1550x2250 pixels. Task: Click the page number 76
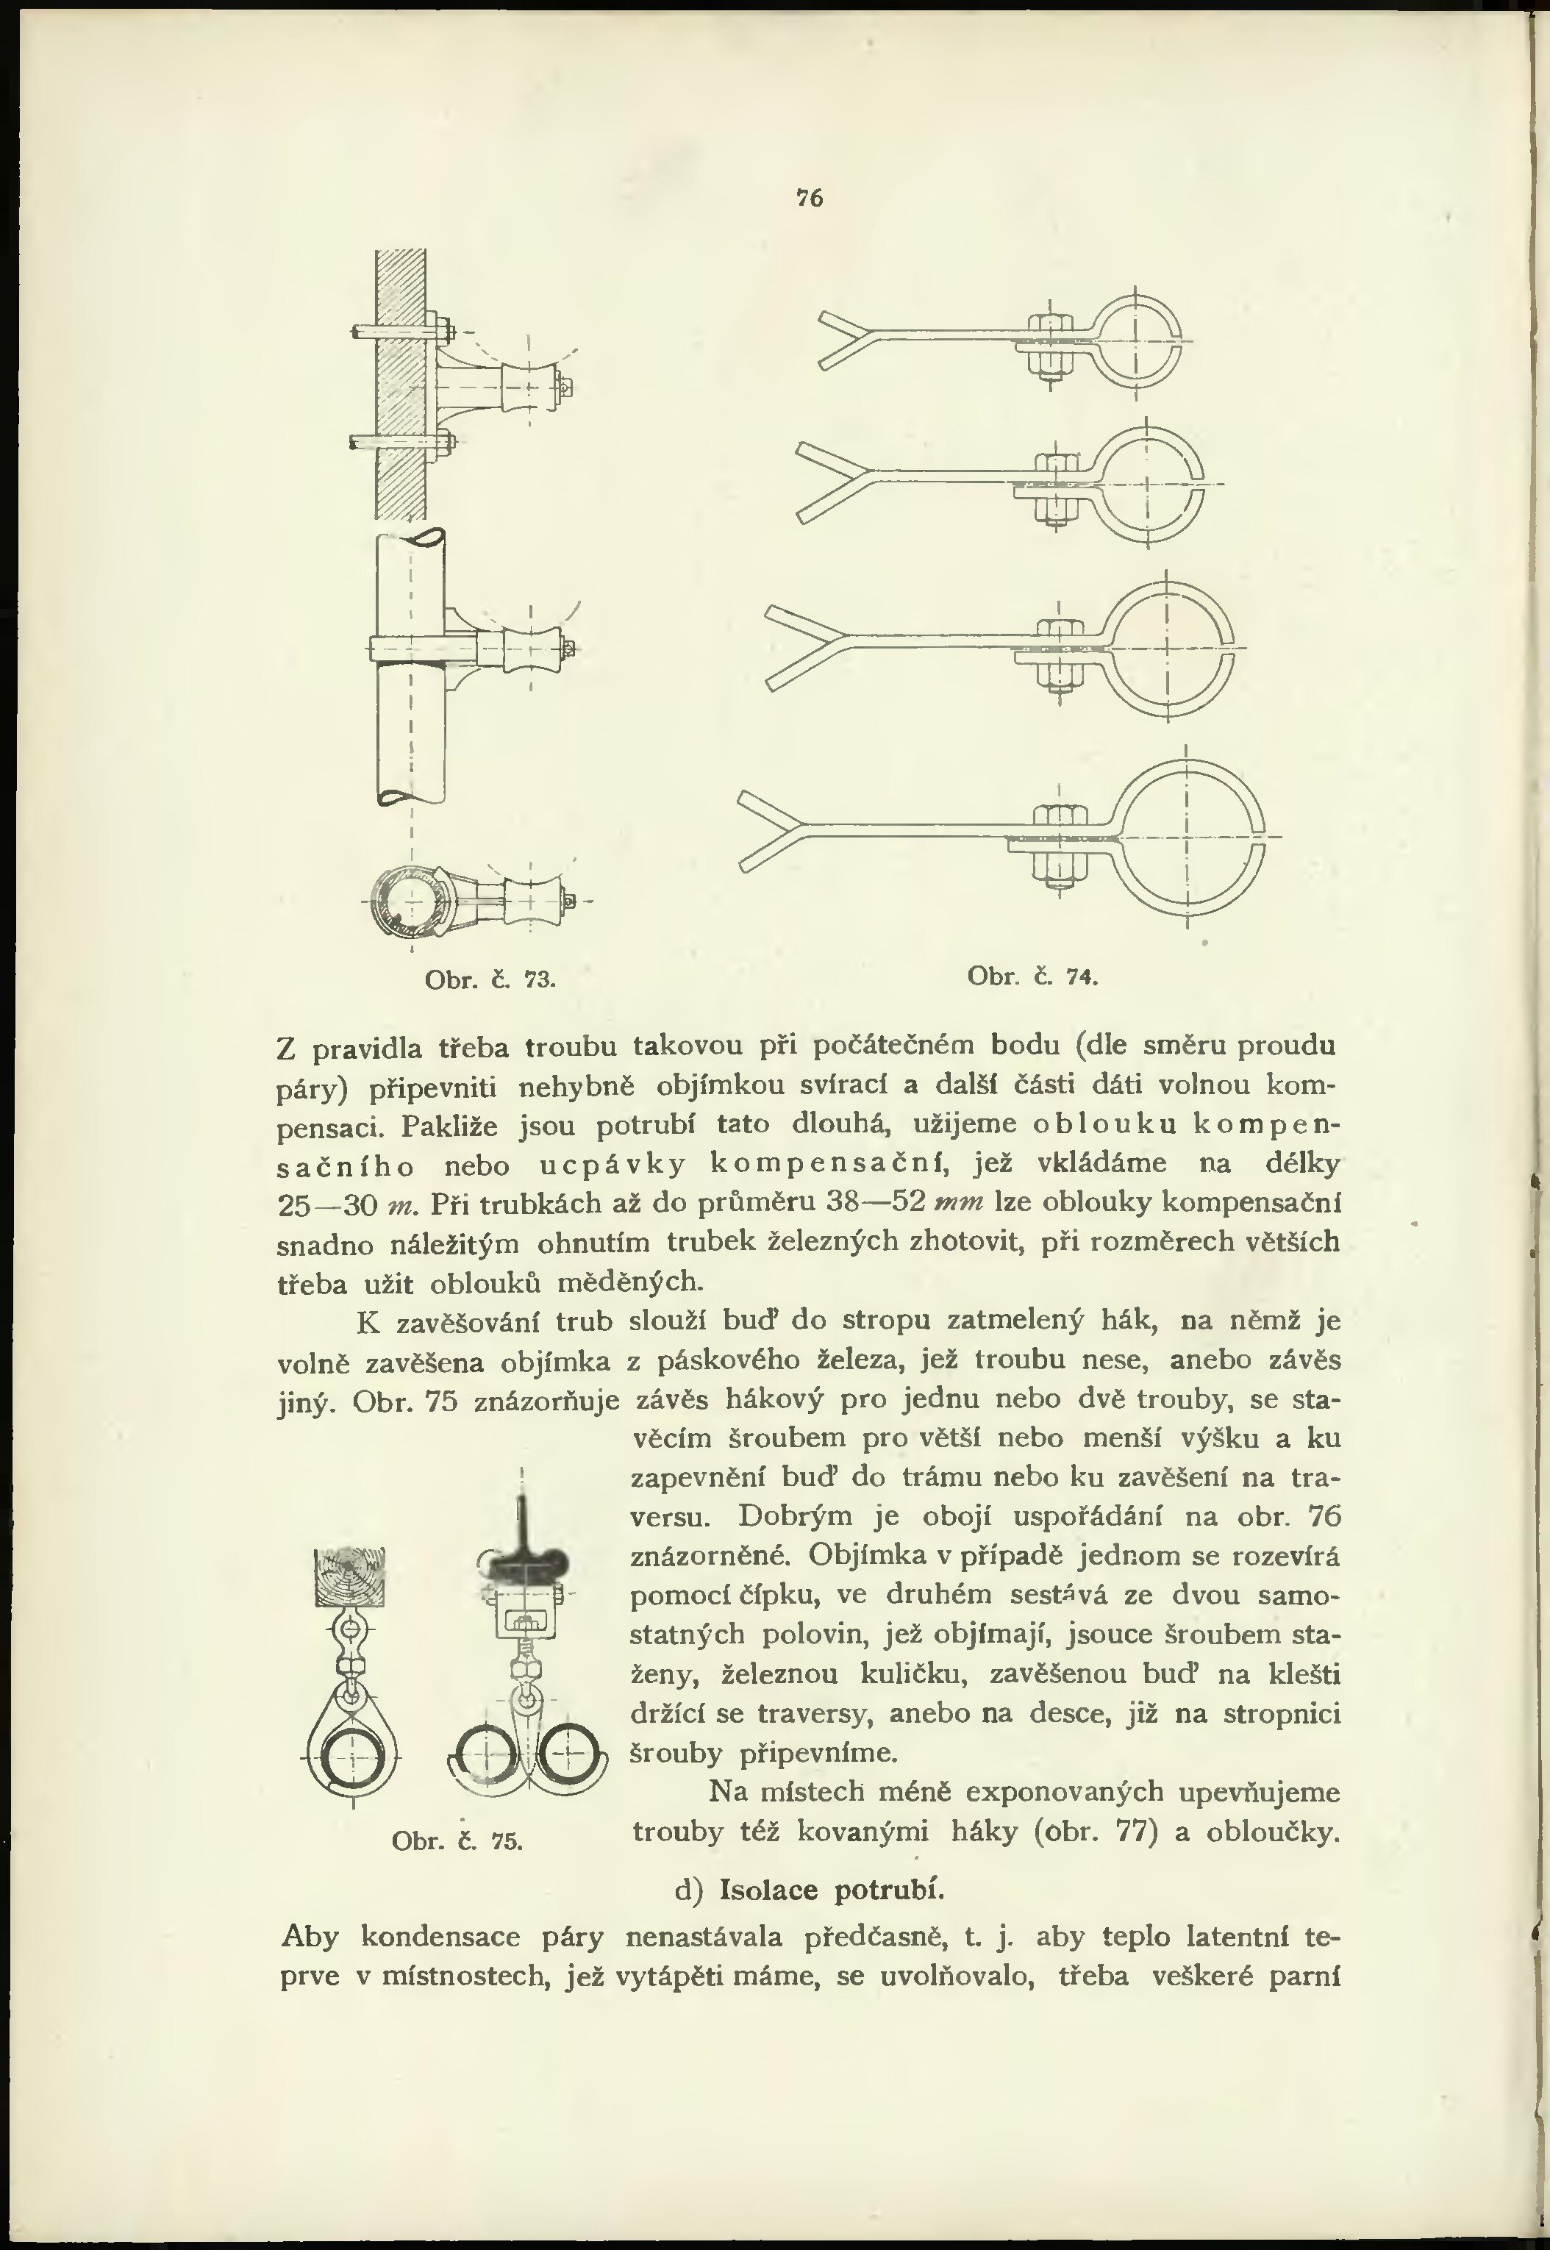(809, 198)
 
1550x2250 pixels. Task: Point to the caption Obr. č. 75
(457, 1840)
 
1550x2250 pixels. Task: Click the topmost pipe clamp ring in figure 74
(1135, 342)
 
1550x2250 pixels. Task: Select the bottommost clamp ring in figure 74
(1186, 837)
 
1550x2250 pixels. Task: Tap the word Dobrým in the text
(793, 1515)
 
